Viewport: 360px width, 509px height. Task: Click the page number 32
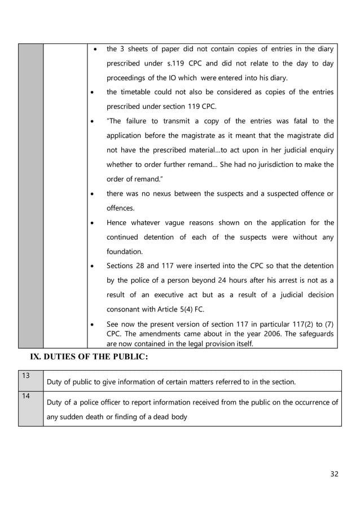click(x=334, y=473)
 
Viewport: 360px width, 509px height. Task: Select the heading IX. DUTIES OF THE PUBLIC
click(x=89, y=357)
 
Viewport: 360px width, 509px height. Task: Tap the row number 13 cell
click(x=30, y=380)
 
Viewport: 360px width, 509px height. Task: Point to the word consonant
click(x=124, y=310)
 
